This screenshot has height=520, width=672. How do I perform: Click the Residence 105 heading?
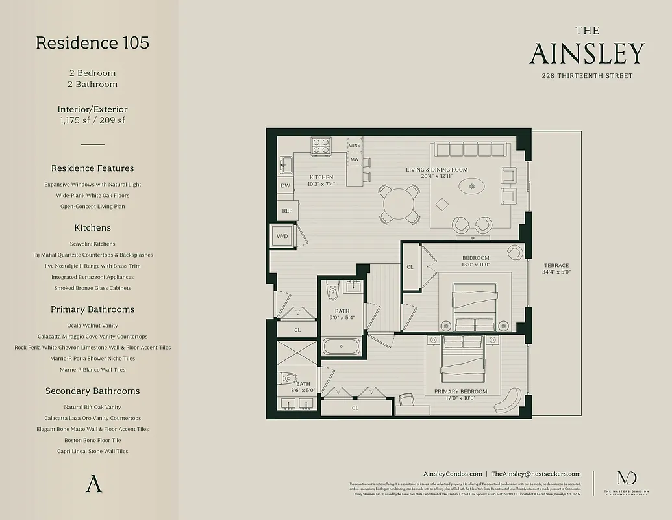(92, 43)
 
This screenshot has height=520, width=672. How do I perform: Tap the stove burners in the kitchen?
(320, 146)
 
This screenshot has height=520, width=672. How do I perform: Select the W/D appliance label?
(282, 235)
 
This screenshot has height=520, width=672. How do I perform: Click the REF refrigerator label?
(286, 211)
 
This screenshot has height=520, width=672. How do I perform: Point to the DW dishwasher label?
(285, 186)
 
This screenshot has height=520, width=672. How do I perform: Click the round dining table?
(397, 203)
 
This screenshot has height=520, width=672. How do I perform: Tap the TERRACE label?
(556, 265)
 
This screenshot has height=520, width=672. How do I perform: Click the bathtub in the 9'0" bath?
(342, 346)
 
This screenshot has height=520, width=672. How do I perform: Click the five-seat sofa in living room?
(471, 149)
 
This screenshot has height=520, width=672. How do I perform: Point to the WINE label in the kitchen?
(354, 146)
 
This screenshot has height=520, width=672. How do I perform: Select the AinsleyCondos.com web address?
(452, 474)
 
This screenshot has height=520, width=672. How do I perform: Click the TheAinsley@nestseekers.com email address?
(536, 474)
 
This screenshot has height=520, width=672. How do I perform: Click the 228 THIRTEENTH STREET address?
(587, 76)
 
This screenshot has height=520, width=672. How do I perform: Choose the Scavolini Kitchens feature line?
(93, 244)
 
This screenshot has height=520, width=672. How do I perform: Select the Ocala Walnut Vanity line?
(92, 325)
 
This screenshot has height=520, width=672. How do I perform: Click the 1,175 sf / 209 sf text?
(92, 120)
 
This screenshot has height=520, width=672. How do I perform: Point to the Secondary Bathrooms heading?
(92, 391)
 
